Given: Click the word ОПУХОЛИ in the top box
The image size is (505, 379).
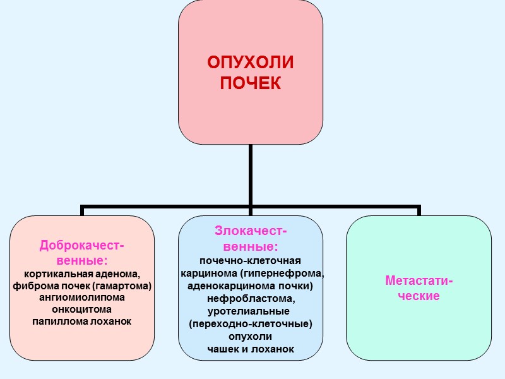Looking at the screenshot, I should [251, 63].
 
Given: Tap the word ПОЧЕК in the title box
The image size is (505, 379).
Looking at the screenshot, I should [251, 83].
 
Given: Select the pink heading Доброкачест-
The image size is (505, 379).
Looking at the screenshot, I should [82, 245].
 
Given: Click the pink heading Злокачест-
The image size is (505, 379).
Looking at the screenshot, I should [251, 231].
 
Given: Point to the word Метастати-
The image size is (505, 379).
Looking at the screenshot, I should [419, 280].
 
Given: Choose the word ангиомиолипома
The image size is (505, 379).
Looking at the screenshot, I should [82, 298].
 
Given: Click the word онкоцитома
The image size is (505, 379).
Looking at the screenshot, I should [82, 310].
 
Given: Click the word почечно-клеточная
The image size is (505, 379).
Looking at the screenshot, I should [250, 260].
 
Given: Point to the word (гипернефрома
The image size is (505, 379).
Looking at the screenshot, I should [287, 273].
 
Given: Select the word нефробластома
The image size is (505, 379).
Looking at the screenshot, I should [250, 298].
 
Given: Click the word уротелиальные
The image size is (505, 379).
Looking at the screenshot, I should [249, 311].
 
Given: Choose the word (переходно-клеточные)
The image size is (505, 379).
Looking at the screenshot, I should [251, 323].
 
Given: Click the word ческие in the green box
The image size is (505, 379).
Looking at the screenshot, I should [419, 296].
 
